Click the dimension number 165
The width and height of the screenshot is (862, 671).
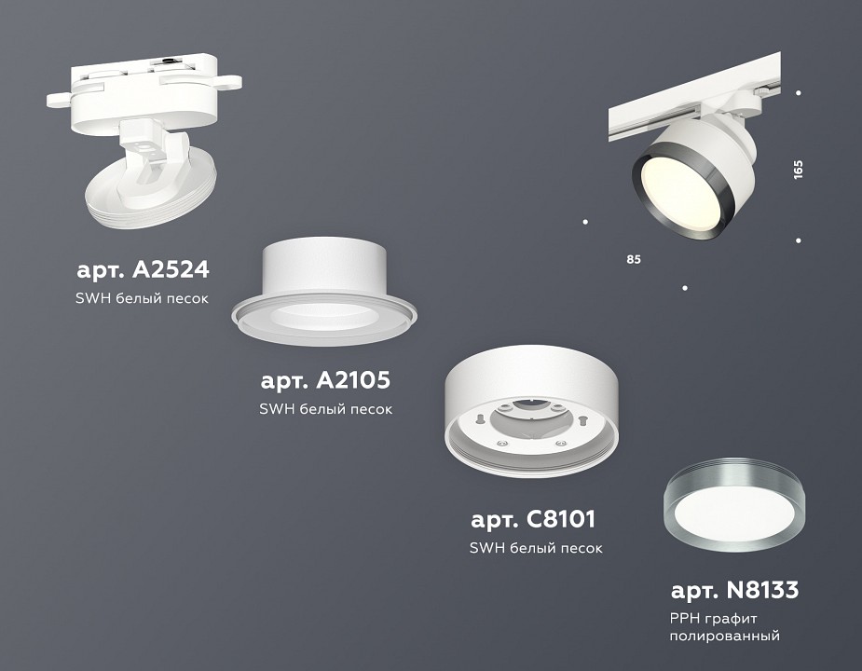coord(798,170)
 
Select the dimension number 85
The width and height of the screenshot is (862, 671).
coord(634,258)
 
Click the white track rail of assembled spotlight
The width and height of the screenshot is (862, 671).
coord(652,116)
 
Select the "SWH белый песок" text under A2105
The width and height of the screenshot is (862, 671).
coord(325,409)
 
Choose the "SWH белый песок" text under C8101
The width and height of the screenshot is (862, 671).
coord(535,548)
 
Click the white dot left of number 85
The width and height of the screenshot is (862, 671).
coord(584,222)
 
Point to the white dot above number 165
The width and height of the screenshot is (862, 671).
coord(799,92)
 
